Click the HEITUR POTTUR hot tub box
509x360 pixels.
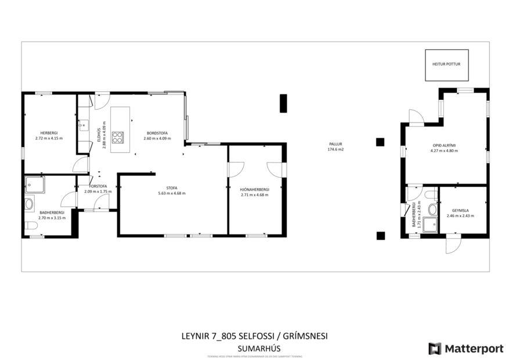pyautogui.click(x=446, y=64)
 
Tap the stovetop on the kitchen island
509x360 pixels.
pyautogui.click(x=117, y=137)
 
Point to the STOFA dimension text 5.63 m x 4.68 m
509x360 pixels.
pyautogui.click(x=171, y=193)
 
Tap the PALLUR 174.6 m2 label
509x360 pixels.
pyautogui.click(x=335, y=146)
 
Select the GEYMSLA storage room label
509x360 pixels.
pyautogui.click(x=460, y=210)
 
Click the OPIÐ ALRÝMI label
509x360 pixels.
pyautogui.click(x=444, y=146)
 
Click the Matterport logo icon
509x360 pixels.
pyautogui.click(x=435, y=348)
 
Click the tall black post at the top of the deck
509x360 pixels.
pyautogui.click(x=283, y=103)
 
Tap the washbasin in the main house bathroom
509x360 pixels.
pyautogui.click(x=29, y=204)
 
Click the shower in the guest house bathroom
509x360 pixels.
pyautogui.click(x=429, y=224)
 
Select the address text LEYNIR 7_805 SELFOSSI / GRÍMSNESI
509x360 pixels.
pyautogui.click(x=255, y=336)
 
